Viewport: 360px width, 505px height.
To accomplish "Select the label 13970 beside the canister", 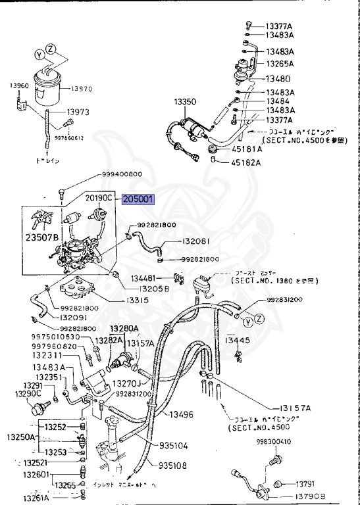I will coord(84,88).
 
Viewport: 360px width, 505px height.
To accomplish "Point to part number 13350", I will coord(186,102).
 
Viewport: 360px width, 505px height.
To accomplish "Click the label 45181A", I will coord(247,149).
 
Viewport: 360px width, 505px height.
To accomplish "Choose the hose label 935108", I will coord(172,466).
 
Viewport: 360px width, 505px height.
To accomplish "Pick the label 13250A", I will coord(20,437).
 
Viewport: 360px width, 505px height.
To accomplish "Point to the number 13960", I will coord(19,85).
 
